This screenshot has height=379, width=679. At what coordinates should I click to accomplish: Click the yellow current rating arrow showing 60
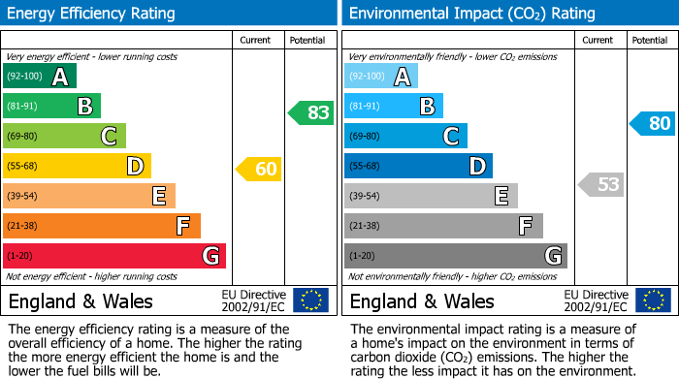pyautogui.click(x=260, y=170)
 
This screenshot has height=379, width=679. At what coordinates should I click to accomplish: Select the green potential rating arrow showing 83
pyautogui.click(x=312, y=112)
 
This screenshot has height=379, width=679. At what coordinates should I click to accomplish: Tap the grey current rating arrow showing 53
pyautogui.click(x=601, y=184)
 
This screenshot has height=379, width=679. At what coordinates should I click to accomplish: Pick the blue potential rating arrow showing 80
pyautogui.click(x=653, y=124)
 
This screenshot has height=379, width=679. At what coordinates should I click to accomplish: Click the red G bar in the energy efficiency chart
pyautogui.click(x=113, y=256)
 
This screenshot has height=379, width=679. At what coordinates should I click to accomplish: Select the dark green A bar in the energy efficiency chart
pyautogui.click(x=39, y=77)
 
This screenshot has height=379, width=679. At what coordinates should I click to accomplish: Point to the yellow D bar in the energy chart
pyautogui.click(x=77, y=167)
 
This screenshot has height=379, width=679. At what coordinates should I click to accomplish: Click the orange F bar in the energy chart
pyautogui.click(x=101, y=226)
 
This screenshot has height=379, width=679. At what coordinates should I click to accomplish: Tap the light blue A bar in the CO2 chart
pyautogui.click(x=381, y=77)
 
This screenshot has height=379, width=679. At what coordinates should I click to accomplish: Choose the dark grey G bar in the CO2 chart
pyautogui.click(x=455, y=256)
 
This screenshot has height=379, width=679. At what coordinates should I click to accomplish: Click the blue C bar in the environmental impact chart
pyautogui.click(x=405, y=136)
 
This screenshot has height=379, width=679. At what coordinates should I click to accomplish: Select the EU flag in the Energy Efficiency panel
pyautogui.click(x=310, y=300)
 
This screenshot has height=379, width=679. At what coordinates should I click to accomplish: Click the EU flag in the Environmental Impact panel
pyautogui.click(x=653, y=300)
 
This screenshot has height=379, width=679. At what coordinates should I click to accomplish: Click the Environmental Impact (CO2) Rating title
pyautogui.click(x=471, y=14)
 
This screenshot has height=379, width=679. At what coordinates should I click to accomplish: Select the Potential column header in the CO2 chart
pyautogui.click(x=650, y=40)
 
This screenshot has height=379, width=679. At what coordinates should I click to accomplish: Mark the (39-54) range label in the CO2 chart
pyautogui.click(x=366, y=197)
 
